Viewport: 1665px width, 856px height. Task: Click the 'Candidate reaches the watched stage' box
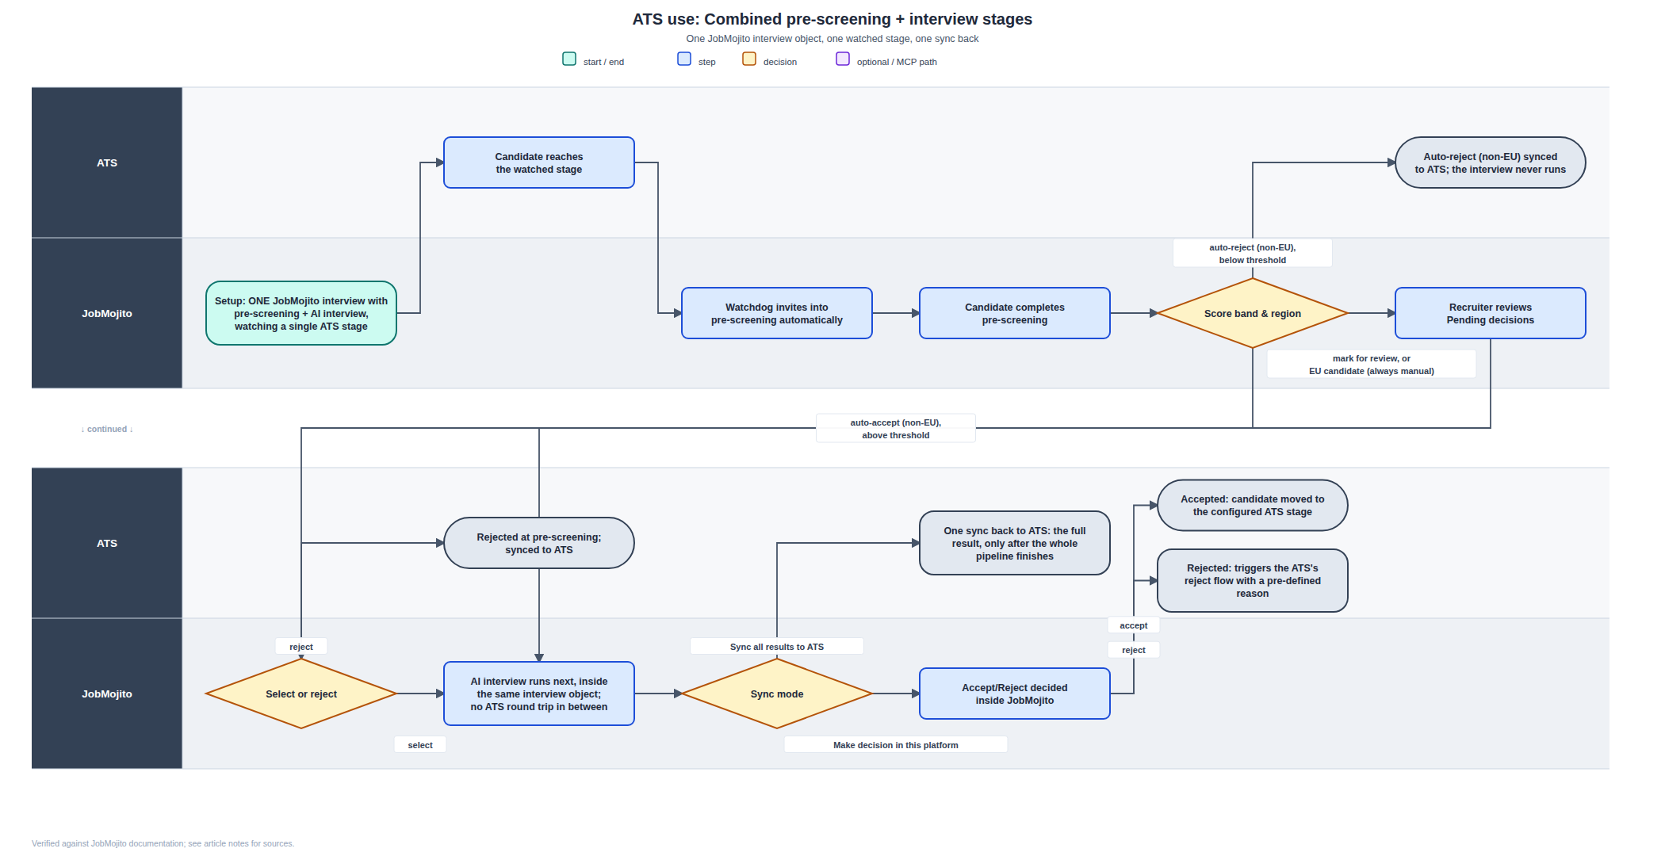point(539,162)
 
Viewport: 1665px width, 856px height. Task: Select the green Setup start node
point(301,313)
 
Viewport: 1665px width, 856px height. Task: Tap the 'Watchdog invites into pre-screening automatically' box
point(777,313)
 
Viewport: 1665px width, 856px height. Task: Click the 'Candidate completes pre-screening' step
point(1015,313)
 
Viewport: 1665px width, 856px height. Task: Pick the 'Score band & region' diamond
point(1253,313)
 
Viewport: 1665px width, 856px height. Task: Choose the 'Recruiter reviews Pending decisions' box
point(1491,313)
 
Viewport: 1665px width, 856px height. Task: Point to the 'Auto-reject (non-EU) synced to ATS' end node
point(1491,162)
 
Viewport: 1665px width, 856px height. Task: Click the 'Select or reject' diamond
point(301,694)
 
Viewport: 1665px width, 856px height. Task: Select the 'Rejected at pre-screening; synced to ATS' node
point(539,543)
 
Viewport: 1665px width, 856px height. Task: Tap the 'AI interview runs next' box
point(539,694)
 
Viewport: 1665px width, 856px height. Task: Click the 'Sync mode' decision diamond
point(777,694)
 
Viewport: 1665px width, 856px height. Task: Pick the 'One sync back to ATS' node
point(1015,543)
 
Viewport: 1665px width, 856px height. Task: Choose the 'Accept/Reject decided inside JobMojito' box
point(1015,694)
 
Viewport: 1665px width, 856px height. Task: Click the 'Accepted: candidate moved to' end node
point(1253,505)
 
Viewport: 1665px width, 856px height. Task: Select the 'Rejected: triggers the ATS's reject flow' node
point(1253,580)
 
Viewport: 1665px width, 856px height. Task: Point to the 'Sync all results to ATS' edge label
point(777,647)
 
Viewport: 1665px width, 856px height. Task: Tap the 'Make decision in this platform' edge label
point(896,745)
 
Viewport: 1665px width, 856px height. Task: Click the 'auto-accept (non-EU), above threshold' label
point(896,429)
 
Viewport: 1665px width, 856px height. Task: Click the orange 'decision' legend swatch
point(749,59)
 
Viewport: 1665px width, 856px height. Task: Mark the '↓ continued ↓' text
point(107,429)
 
